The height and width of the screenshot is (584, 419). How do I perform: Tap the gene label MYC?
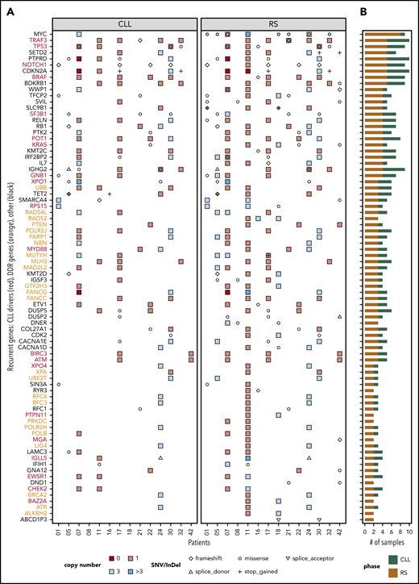tap(39, 34)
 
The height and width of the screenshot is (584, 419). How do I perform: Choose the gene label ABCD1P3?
tap(34, 519)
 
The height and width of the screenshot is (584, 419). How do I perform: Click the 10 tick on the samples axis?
tap(410, 533)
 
